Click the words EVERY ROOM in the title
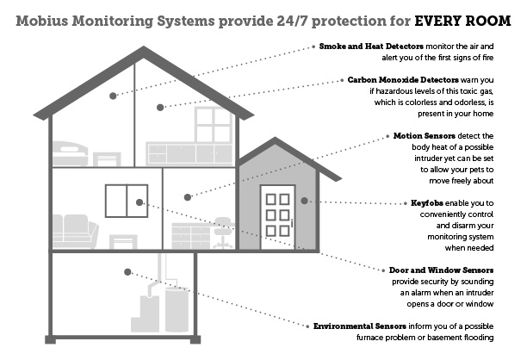point(462,21)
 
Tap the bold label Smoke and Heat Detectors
point(371,47)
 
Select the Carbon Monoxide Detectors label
point(403,80)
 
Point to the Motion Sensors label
point(425,136)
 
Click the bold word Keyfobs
point(427,203)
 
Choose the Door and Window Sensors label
point(441,270)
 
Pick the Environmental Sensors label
point(360,326)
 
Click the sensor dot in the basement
point(127,272)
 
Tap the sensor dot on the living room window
point(139,202)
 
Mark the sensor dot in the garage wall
point(304,201)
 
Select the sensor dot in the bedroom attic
point(113,96)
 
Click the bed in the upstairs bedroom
point(71,153)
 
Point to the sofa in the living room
point(75,232)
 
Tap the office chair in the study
point(224,233)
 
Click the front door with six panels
point(277,217)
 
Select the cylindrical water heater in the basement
point(177,309)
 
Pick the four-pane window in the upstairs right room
point(214,124)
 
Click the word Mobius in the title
point(42,21)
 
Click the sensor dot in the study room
point(188,197)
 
